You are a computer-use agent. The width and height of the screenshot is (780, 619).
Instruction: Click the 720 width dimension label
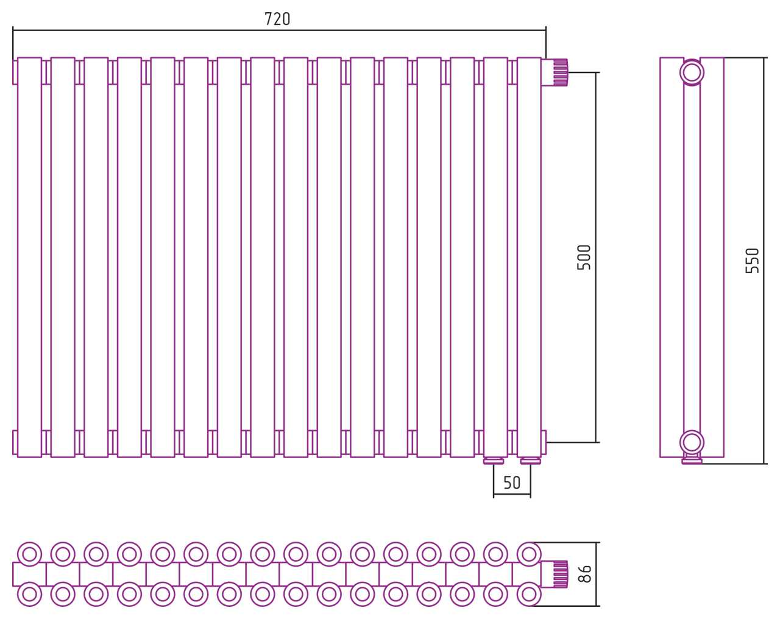pos(277,19)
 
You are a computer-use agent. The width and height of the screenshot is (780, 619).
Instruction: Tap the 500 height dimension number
pos(584,257)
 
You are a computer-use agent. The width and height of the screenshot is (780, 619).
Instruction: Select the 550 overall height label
pos(752,261)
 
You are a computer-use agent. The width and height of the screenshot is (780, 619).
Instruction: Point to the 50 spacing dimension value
pos(512,483)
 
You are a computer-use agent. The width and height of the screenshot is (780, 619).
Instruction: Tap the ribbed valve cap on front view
pos(560,73)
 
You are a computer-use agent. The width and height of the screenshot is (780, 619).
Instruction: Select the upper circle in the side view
pos(692,73)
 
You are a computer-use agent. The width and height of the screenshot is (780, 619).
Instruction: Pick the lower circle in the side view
pos(692,442)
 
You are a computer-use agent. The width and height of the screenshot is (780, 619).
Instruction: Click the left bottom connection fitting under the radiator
pos(494,461)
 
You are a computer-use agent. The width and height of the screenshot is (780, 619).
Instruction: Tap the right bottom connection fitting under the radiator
pos(531,461)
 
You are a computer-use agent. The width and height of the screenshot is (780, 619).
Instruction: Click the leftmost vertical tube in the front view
pos(29,257)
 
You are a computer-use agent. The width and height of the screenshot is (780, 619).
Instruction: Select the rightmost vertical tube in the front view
pos(529,257)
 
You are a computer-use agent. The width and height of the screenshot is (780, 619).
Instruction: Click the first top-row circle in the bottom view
pos(29,554)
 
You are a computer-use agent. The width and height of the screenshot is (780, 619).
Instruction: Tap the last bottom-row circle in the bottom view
pos(529,595)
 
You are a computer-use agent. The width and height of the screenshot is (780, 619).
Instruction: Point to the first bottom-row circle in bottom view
pos(29,595)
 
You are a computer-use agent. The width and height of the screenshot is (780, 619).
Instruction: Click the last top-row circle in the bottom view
pos(529,554)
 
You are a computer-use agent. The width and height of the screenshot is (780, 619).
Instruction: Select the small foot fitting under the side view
pos(692,459)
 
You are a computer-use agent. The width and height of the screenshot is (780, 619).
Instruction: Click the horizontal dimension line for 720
pos(279,30)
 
